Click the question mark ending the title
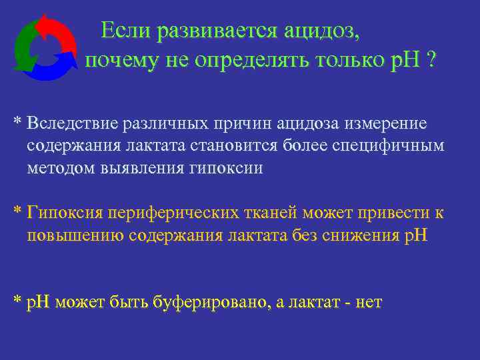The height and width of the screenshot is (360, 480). pos(432,61)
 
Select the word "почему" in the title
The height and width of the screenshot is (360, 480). pos(120,62)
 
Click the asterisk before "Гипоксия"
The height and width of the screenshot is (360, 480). pos(18,212)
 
